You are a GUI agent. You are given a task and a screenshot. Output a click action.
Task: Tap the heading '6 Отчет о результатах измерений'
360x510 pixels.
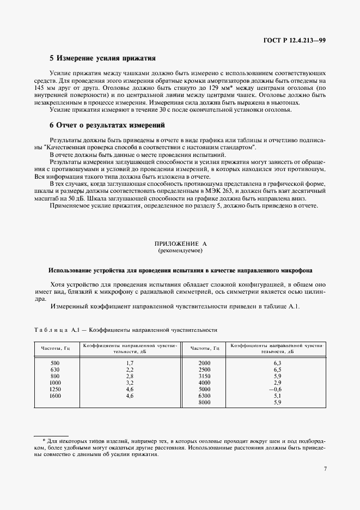click(107, 125)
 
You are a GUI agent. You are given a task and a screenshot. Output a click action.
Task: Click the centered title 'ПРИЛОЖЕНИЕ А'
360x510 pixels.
click(180, 245)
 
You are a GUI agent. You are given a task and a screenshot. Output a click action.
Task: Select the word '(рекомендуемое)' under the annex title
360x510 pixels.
click(180, 251)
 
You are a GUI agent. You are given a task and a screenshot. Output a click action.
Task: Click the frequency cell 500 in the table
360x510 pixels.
click(55, 362)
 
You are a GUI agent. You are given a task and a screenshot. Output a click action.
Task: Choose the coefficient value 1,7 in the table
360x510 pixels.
click(130, 362)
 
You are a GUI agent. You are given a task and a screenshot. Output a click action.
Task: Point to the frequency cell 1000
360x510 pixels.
click(55, 383)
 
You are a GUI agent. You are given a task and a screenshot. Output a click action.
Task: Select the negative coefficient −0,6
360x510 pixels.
click(276, 389)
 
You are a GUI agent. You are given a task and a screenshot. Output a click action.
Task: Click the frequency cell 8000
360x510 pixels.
click(204, 403)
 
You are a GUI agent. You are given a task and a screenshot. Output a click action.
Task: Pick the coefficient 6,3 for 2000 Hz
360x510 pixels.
click(277, 362)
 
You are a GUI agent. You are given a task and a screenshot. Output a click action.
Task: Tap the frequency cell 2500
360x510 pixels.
click(204, 369)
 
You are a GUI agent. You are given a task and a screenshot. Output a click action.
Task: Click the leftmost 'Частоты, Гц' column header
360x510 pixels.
click(55, 348)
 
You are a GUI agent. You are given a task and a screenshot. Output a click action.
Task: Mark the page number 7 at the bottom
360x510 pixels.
click(325, 468)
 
